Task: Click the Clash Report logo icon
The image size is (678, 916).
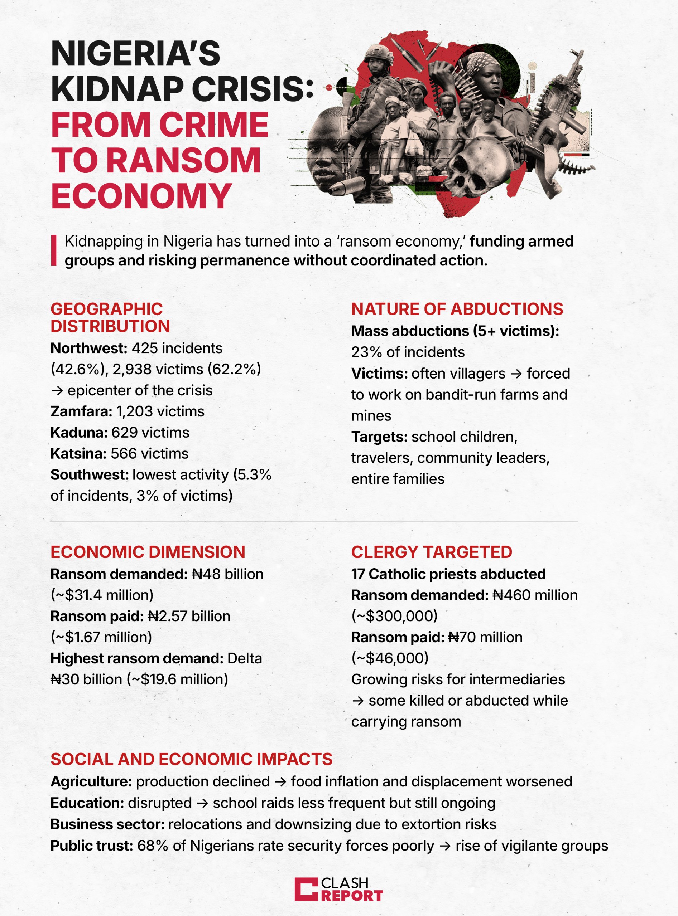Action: pos(306,889)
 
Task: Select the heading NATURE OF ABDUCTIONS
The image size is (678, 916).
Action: pos(457,309)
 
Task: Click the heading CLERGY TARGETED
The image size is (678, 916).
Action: pos(431,552)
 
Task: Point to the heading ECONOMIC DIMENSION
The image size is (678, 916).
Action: pos(148,552)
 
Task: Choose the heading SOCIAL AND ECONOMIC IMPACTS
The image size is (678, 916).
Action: pos(191,759)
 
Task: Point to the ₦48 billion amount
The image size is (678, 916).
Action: pos(227,574)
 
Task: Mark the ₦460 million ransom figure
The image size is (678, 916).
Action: pos(535,595)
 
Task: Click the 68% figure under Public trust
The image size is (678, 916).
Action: pos(153,846)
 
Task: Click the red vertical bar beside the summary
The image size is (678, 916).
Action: pos(54,250)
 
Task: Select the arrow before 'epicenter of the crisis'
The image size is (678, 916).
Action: pos(57,391)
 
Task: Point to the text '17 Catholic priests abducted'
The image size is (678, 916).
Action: pos(448,574)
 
